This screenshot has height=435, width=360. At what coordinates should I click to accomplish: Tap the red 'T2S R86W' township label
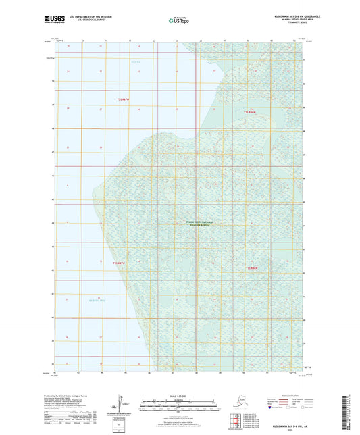(x=251, y=111)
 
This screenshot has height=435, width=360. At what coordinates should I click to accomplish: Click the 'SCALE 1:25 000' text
(x=179, y=396)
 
